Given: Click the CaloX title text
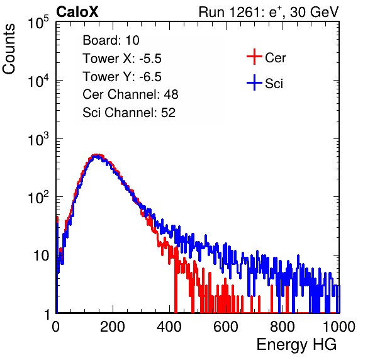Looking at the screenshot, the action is [77, 12].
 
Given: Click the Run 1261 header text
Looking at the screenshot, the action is [269, 12].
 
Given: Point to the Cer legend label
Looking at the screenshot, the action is [275, 58].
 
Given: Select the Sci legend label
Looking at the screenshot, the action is [274, 84].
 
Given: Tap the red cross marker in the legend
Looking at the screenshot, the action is [254, 57].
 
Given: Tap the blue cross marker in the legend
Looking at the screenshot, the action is [254, 82].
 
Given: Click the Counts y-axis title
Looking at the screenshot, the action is [9, 49].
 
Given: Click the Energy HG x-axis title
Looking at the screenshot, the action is [296, 344].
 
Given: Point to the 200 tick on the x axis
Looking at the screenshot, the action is [113, 327].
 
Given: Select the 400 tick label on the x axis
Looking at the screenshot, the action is [169, 327].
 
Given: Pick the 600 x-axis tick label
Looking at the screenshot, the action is [226, 327].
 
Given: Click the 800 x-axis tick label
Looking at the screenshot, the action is [283, 327].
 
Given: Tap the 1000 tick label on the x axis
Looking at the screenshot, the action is [339, 327].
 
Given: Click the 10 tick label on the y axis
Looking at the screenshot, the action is [41, 256].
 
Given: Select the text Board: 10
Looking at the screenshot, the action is [111, 40].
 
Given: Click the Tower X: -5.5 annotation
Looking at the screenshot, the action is [122, 59].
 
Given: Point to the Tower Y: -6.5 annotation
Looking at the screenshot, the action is [122, 77].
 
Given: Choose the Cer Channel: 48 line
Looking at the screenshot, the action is [130, 94].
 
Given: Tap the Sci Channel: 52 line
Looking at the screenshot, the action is [129, 113].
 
